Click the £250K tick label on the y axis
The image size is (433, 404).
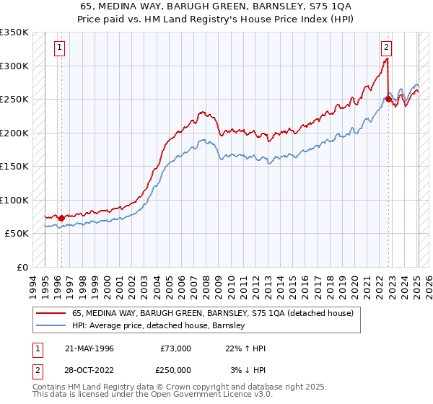click(14, 99)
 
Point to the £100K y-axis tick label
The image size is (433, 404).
click(14, 200)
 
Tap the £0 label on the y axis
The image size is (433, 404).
click(22, 267)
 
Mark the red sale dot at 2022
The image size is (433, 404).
click(388, 99)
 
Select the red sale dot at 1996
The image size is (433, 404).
click(61, 218)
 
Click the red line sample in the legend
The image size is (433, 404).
click(51, 314)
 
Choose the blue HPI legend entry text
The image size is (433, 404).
click(159, 326)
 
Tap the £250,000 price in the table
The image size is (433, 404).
click(175, 369)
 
